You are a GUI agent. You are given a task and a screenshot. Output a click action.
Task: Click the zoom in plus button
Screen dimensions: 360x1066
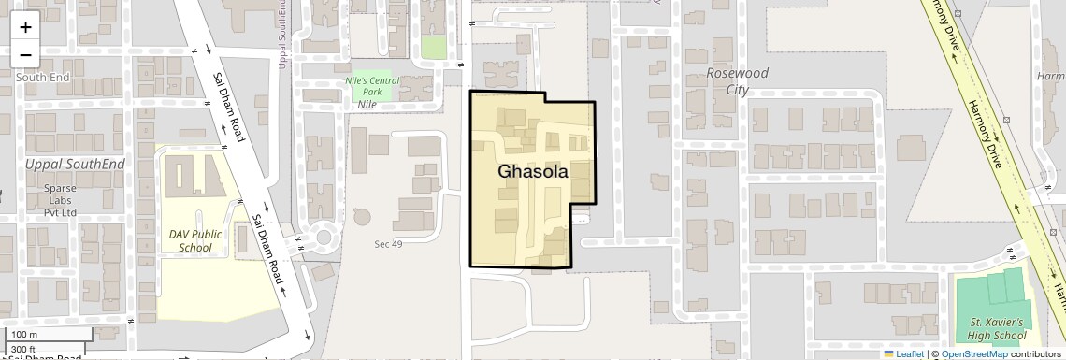tap(25, 26)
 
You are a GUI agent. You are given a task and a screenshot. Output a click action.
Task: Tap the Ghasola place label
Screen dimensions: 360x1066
tap(533, 172)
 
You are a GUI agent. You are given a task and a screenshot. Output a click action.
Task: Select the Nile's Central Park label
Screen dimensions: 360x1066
tap(372, 87)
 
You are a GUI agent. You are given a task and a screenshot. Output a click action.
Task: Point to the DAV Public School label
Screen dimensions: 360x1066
tap(190, 240)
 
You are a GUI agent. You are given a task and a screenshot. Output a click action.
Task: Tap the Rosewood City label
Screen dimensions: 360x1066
tap(738, 81)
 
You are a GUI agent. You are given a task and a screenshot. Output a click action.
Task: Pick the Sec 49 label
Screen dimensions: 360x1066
tap(388, 244)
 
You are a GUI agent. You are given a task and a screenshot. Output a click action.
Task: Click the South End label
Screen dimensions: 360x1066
tap(42, 78)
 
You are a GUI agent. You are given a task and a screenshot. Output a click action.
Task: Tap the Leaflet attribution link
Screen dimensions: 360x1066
tap(902, 353)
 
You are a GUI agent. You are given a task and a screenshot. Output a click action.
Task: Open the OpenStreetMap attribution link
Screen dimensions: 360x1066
tap(973, 353)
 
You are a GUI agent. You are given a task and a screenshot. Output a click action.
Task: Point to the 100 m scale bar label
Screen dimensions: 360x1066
tap(24, 335)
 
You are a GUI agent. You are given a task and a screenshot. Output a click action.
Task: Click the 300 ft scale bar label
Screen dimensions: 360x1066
tap(24, 349)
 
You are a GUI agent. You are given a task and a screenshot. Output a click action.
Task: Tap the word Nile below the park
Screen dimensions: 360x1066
tap(367, 105)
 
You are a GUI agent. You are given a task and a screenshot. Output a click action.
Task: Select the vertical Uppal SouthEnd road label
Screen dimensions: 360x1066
tap(281, 33)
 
